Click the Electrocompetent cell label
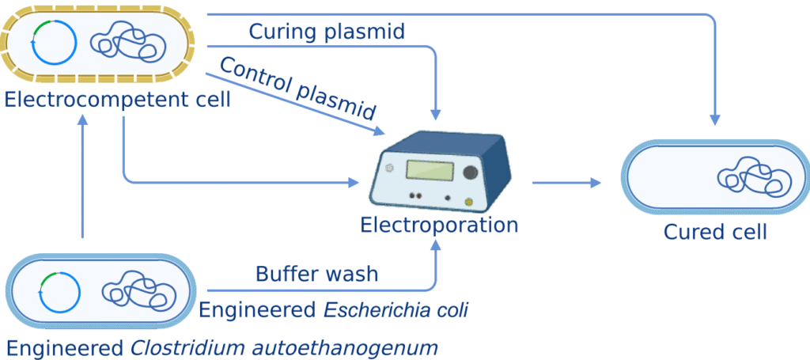tap(117, 100)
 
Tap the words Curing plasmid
tap(327, 32)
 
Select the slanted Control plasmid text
tap(297, 88)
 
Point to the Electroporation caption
tap(439, 225)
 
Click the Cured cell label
tap(715, 232)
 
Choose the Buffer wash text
tap(316, 275)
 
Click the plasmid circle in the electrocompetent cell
tap(54, 40)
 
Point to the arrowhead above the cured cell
tap(715, 119)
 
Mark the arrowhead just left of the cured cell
tap(594, 183)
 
